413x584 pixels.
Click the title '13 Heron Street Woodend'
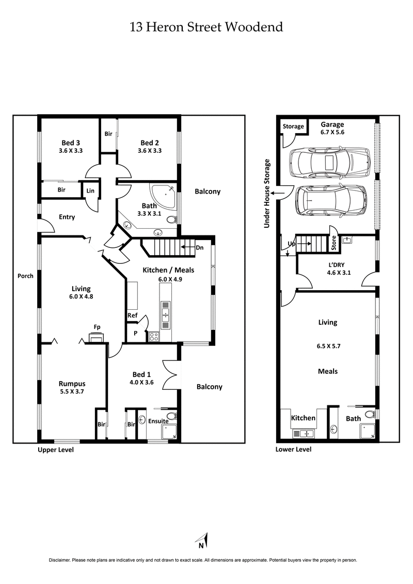pos(206,27)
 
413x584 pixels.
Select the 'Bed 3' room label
pos(70,143)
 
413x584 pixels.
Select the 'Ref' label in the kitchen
pos(132,315)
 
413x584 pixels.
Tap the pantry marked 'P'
pos(135,334)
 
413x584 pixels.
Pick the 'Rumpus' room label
pos(71,384)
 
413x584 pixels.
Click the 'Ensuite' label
pos(158,421)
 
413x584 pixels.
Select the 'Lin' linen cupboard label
pos(91,191)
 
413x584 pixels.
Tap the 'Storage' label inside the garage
pos(293,127)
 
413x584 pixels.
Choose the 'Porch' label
pos(25,276)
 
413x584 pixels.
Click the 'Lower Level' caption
pos(294,449)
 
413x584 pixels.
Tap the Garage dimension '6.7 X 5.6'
pos(332,132)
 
